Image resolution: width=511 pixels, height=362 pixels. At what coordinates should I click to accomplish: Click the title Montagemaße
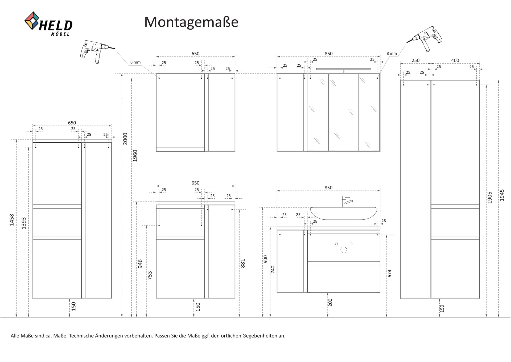click(x=191, y=22)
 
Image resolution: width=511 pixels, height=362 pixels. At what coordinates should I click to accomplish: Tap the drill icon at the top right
click(x=424, y=39)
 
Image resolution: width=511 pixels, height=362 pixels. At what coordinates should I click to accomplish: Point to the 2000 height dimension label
click(x=125, y=139)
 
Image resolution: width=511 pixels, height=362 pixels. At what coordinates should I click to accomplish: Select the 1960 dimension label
click(x=135, y=156)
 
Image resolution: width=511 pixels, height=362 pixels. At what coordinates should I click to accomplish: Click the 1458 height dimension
click(x=12, y=220)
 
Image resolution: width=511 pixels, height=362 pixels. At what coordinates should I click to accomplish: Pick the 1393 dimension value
click(x=24, y=223)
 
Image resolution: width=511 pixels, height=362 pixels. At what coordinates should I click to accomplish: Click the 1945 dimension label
click(x=502, y=195)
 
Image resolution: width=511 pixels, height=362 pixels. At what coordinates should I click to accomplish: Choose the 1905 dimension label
click(x=490, y=198)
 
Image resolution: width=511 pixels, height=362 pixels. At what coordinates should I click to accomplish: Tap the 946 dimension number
click(x=140, y=264)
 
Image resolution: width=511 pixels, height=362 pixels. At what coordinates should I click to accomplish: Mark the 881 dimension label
click(x=242, y=263)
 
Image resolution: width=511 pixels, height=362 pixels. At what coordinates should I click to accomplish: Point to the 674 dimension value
click(x=390, y=273)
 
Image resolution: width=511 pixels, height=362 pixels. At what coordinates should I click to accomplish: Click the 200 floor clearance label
click(x=330, y=302)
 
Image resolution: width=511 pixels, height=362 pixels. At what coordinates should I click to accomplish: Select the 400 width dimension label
click(x=455, y=60)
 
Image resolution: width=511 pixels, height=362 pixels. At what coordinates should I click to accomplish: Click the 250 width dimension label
click(x=415, y=60)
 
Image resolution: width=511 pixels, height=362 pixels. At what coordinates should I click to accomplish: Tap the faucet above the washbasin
click(x=347, y=202)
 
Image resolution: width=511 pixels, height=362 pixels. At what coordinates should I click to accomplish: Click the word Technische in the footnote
click(x=81, y=336)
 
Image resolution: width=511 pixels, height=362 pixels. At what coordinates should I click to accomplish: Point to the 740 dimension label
click(x=273, y=269)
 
